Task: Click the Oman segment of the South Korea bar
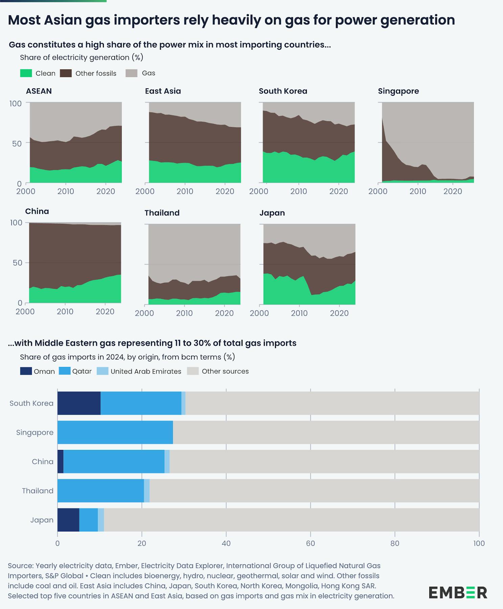pos(79,403)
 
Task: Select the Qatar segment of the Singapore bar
pos(115,432)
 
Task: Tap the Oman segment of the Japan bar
pos(68,520)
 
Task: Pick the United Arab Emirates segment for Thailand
pos(147,491)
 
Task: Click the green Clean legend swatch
pos(26,73)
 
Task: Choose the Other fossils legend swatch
pos(66,73)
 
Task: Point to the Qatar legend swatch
pos(65,371)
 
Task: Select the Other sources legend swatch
pos(193,371)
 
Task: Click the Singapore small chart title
pos(398,91)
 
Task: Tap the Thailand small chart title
pos(162,213)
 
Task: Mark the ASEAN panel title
pos(39,91)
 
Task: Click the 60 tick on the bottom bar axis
pos(310,543)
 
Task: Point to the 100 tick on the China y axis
pos(16,222)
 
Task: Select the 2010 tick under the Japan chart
pos(299,313)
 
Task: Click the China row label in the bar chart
pos(43,461)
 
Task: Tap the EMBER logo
pos(458,592)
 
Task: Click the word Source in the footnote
pos(20,566)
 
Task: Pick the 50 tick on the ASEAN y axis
pos(17,143)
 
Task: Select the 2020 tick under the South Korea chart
pos(339,191)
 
